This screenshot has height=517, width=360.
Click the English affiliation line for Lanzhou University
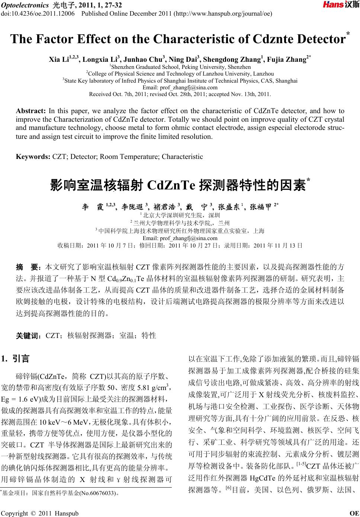point(180,74)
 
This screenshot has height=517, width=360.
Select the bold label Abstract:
point(30,111)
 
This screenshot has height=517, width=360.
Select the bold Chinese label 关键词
point(28,335)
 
